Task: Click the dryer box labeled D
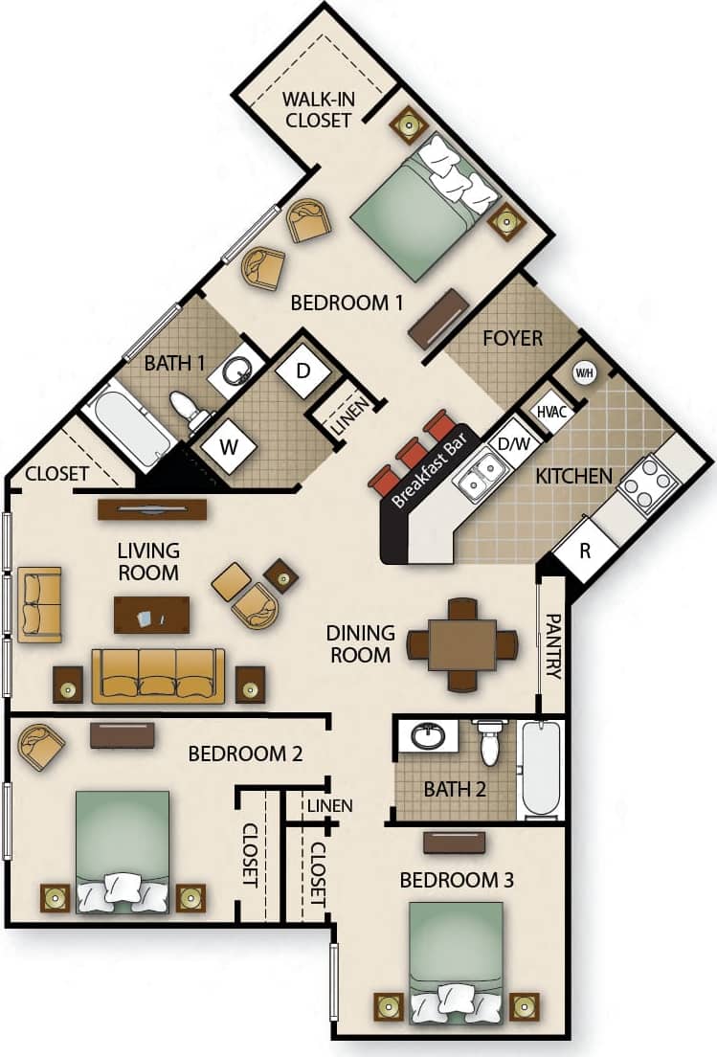point(302,370)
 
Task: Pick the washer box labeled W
point(229,447)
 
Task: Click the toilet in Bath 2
point(489,743)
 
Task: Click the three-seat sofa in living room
point(158,676)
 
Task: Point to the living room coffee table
point(151,615)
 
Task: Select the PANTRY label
point(551,648)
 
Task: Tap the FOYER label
point(512,338)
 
